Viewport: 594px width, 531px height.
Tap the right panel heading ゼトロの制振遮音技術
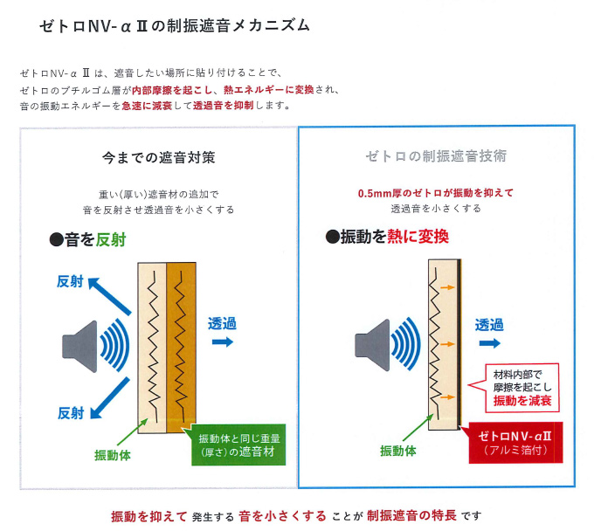[x=436, y=156]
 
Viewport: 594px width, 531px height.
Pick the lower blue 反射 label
[x=72, y=412]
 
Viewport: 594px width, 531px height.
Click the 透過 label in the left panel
[x=222, y=322]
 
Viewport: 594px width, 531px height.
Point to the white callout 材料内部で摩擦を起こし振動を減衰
[x=522, y=387]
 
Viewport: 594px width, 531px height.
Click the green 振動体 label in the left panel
[x=113, y=453]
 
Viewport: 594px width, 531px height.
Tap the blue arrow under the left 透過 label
[x=222, y=342]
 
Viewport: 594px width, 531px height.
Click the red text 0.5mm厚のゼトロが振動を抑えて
[x=436, y=193]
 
